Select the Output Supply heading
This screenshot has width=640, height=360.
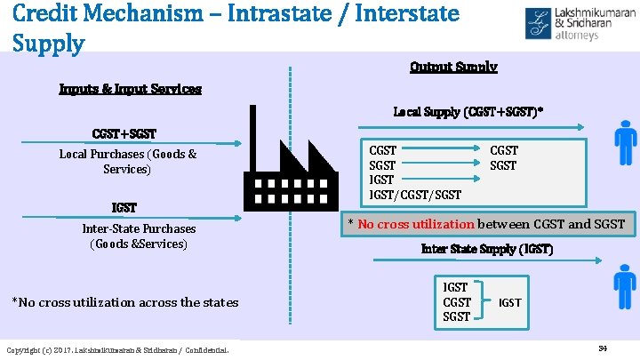(453, 68)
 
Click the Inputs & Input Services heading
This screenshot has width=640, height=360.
(130, 89)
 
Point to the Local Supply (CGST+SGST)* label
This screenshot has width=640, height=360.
(468, 113)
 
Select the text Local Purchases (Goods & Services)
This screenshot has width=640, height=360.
(128, 161)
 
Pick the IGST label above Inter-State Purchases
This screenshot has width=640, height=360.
(124, 208)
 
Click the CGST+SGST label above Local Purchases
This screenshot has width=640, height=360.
(124, 134)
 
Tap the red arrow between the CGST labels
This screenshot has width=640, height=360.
(442, 149)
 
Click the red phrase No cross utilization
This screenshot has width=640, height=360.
(415, 224)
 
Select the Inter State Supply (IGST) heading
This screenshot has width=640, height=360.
(486, 250)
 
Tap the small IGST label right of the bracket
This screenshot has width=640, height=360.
(509, 303)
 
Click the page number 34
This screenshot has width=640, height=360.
(602, 348)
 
